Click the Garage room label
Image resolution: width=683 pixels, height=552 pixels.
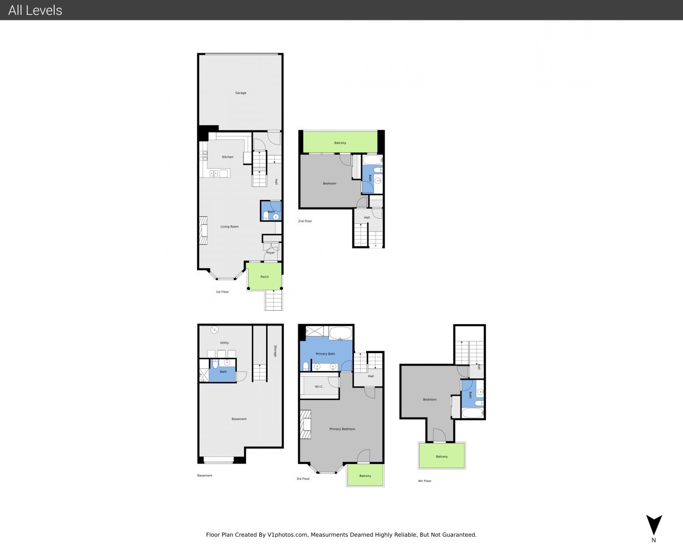coord(240,93)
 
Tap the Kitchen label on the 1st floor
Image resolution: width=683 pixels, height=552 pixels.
coord(228,157)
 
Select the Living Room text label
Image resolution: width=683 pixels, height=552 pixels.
coord(230,226)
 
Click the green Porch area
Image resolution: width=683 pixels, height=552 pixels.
coord(265,276)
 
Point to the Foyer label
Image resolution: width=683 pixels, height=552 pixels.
coord(271,252)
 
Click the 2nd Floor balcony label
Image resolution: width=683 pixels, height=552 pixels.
coord(340,143)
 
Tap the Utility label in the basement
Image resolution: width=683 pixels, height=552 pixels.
coord(225,343)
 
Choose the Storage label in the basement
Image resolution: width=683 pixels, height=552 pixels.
coord(275,351)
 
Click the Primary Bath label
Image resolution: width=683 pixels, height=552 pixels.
coord(325,354)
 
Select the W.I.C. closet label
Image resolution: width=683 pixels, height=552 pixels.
coord(319,387)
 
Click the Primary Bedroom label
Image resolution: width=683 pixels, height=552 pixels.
coord(342,429)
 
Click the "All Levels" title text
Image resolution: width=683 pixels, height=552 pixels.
coord(35,10)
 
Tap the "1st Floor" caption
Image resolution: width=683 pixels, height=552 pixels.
coord(222,292)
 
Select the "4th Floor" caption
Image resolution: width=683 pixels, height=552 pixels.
coord(425,481)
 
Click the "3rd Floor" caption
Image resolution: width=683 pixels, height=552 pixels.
coord(303,478)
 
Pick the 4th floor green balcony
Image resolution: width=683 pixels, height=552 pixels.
coord(442,455)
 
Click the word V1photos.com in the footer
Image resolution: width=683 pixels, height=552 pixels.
coord(288,535)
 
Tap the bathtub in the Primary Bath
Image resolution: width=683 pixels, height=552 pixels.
coord(341,333)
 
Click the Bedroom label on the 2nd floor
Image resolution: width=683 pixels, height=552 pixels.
coord(329,183)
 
